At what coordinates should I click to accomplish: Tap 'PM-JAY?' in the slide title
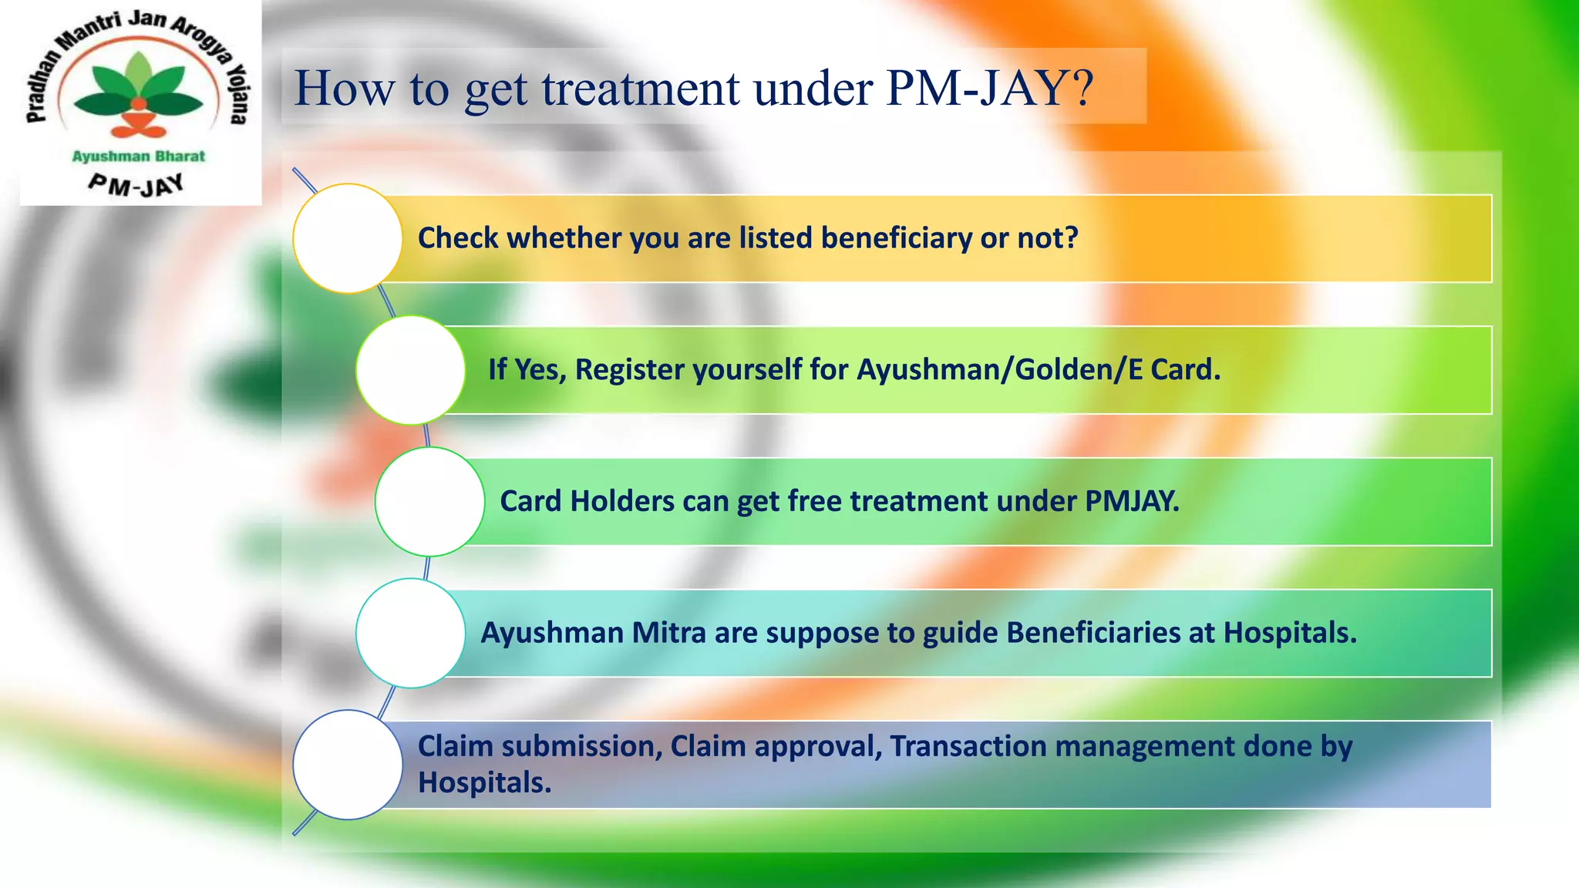coord(990,89)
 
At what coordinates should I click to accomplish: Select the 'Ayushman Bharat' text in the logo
coord(139,156)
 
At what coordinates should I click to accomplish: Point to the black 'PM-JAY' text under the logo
coord(136,184)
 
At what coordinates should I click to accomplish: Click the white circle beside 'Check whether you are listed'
coord(348,238)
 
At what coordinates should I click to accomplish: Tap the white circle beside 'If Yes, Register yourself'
coord(411,370)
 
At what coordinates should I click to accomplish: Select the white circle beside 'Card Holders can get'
coord(429,502)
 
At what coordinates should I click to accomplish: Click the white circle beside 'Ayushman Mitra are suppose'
coord(411,633)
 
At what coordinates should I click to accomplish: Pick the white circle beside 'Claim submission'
coord(348,765)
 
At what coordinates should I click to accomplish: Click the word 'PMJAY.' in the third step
coord(1132,502)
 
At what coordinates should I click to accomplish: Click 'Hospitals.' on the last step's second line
coord(484,782)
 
